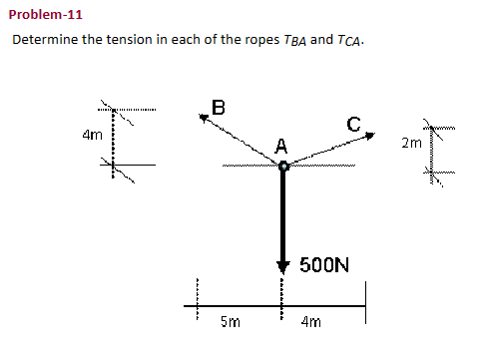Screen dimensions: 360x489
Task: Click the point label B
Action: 219,105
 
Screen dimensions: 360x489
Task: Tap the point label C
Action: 353,124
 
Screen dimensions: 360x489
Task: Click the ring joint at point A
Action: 283,167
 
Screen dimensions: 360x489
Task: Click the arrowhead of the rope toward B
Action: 206,118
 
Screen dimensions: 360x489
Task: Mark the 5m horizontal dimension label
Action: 229,322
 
